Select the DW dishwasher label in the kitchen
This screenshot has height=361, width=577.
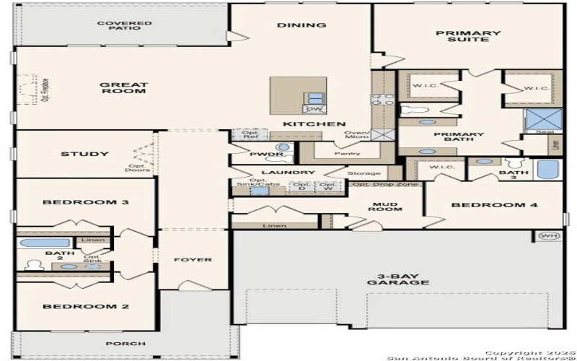[314, 109]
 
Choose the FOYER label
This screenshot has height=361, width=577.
[193, 259]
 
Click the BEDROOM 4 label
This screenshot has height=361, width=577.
[494, 205]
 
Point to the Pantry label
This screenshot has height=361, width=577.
[348, 154]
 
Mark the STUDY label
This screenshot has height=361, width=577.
[84, 154]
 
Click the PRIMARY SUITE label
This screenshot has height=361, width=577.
[468, 36]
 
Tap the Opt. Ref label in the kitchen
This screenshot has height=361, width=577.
[250, 135]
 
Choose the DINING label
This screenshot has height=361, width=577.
[301, 25]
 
